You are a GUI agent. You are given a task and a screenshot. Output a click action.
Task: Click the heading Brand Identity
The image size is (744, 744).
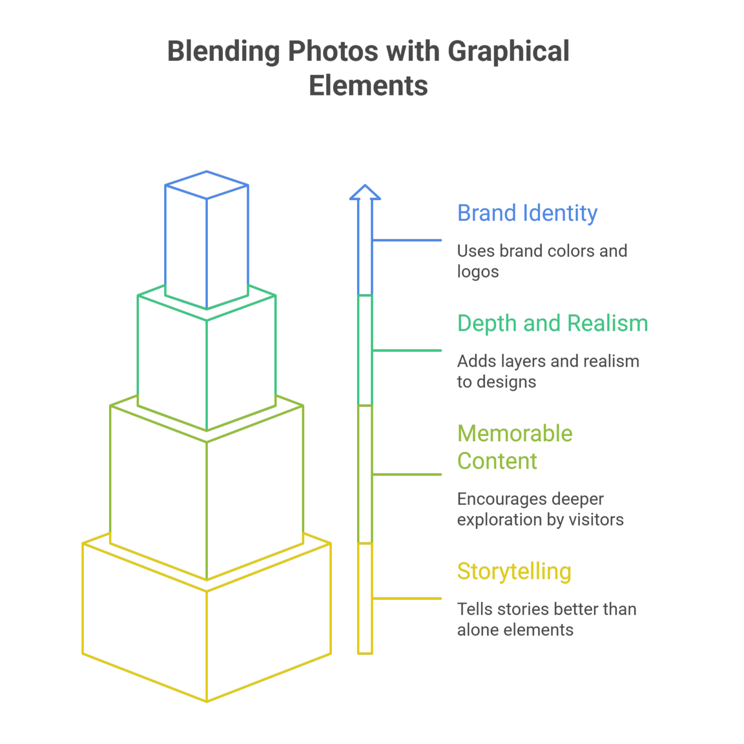[x=527, y=214]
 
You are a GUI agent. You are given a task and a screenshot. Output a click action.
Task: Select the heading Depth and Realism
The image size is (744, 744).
[x=552, y=324]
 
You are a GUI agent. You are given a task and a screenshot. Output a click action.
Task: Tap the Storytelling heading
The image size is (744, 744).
[x=514, y=572]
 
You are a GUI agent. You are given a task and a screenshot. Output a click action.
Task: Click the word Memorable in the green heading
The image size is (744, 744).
[x=515, y=434]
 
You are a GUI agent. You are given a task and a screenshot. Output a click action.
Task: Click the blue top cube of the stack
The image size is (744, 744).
[x=207, y=242]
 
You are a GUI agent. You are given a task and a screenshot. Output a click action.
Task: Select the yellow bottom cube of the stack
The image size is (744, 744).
[x=207, y=630]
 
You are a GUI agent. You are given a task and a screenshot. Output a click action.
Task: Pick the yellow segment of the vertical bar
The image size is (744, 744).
[x=365, y=599]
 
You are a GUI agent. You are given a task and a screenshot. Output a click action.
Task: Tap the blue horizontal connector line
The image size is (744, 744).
[x=407, y=240]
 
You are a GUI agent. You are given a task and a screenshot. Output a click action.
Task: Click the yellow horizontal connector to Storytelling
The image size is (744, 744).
[x=407, y=599]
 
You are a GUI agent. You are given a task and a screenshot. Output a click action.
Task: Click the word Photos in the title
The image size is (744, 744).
[x=333, y=51]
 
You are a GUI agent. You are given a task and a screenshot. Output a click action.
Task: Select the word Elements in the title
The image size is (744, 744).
[x=368, y=86]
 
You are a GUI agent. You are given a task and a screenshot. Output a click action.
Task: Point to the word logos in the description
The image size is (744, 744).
[x=478, y=272]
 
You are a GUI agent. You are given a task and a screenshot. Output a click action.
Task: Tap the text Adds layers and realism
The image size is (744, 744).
[x=548, y=361]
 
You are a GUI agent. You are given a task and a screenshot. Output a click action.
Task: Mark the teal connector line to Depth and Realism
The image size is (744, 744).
[x=407, y=351]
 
